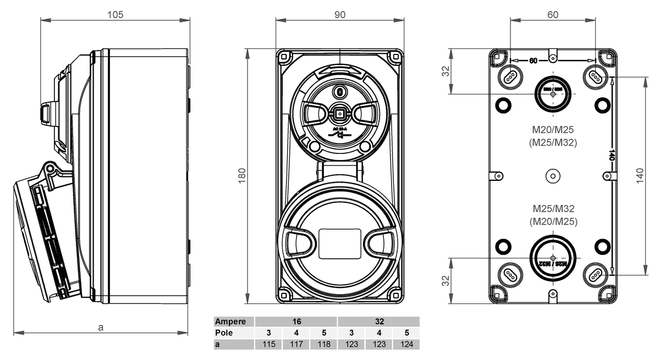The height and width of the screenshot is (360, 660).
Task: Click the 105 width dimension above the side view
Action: point(114,14)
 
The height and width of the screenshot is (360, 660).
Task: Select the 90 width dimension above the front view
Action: point(340,14)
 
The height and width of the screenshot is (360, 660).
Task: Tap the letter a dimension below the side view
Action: point(101,327)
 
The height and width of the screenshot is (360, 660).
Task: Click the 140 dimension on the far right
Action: point(639,176)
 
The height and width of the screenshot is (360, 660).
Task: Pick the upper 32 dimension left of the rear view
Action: point(446,71)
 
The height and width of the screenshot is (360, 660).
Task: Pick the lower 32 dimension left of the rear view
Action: point(446,280)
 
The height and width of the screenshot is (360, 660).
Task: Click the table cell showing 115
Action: point(269,344)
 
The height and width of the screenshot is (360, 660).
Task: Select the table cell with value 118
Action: point(324,344)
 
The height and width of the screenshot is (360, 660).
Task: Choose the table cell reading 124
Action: point(406,344)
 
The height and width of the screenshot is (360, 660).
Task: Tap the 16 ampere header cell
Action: point(296,322)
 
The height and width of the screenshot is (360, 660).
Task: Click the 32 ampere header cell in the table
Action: point(379,322)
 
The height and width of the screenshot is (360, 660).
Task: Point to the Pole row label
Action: point(224,333)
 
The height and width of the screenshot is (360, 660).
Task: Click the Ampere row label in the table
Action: point(226,322)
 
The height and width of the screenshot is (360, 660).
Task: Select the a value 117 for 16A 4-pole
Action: point(296,344)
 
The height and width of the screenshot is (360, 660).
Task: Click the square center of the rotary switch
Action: point(340,114)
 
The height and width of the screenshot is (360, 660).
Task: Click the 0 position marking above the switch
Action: point(340,91)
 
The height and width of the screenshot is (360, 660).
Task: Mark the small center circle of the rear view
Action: point(552,176)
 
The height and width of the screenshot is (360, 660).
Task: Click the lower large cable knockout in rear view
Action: point(553,258)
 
